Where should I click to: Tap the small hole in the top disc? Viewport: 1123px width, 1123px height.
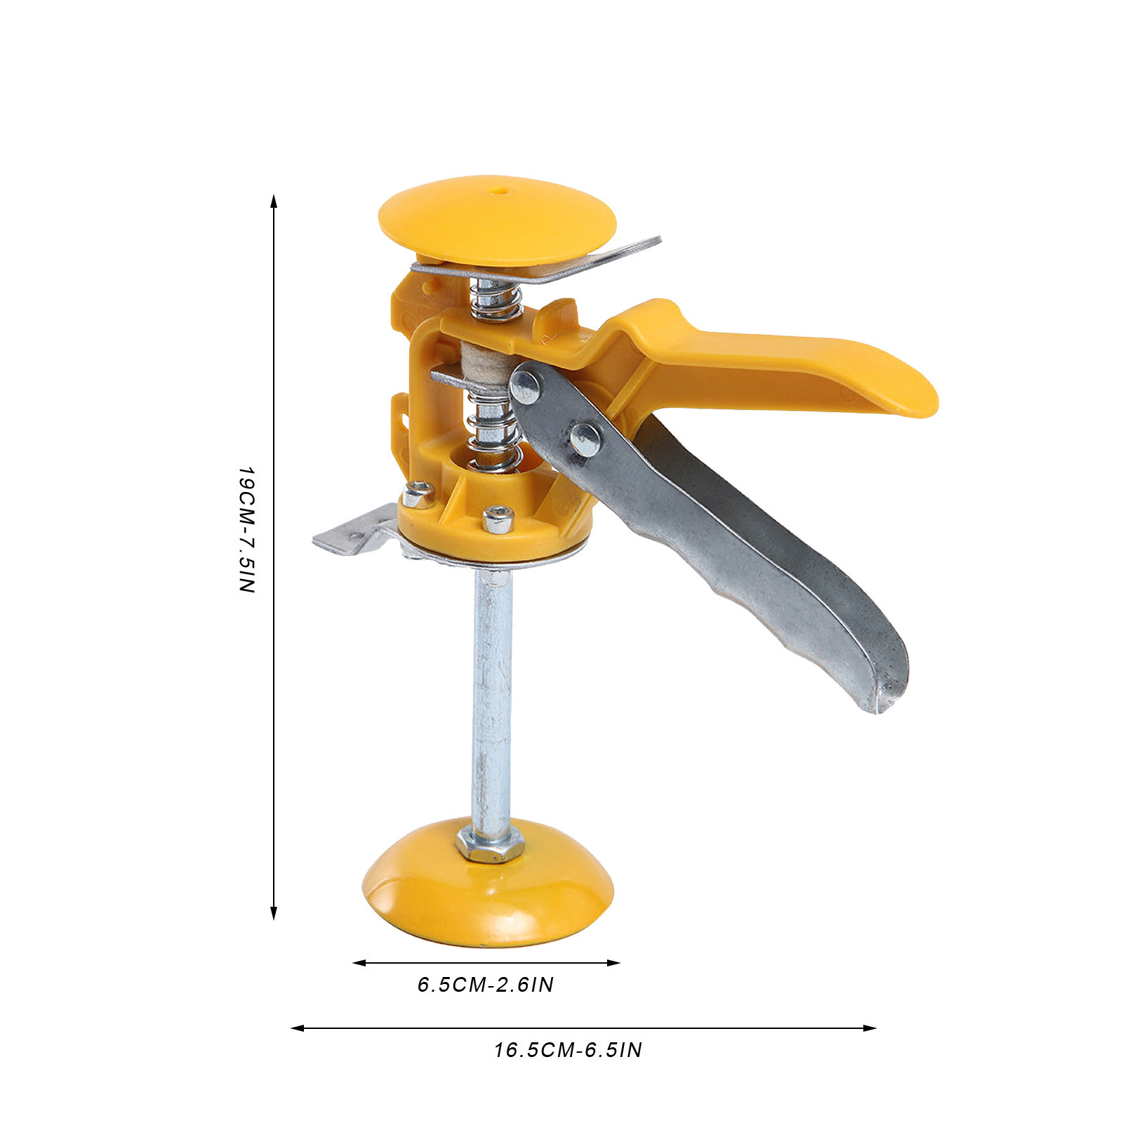point(499,190)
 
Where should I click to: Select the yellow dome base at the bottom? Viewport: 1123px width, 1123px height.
point(489,889)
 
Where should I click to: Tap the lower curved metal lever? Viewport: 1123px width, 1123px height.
point(709,533)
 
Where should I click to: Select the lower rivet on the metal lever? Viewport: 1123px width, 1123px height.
point(585,439)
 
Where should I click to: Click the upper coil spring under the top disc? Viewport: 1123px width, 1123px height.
point(496,299)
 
